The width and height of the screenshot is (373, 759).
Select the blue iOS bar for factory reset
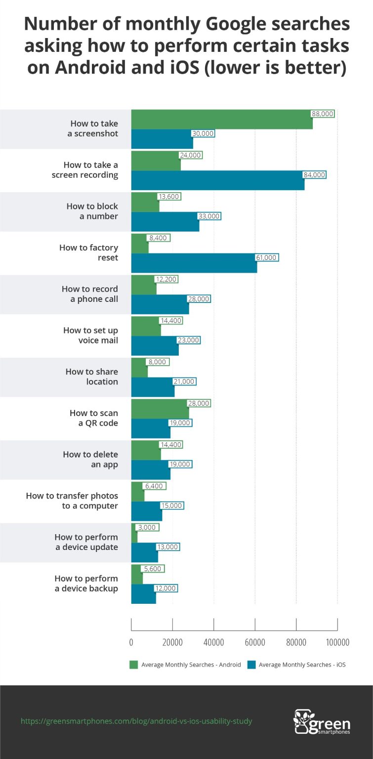tap(194, 263)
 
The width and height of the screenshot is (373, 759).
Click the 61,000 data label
tap(267, 257)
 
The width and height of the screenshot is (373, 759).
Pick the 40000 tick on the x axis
tap(213, 642)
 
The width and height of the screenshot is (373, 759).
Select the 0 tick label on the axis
tap(131, 642)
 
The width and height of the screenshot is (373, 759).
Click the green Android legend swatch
tap(133, 665)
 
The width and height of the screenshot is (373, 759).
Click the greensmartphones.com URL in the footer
tap(136, 721)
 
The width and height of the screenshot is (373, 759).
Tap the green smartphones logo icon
tap(301, 721)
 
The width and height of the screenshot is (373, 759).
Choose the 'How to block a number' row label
tap(92, 211)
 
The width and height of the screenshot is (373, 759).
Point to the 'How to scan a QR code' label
tap(94, 418)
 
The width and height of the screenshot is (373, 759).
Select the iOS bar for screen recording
tap(217, 180)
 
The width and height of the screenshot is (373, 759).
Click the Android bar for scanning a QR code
tap(160, 409)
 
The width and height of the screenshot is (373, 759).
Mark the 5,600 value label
tap(153, 569)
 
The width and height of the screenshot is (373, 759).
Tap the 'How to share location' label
tap(92, 377)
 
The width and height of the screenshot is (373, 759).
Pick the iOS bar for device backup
tap(143, 593)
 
